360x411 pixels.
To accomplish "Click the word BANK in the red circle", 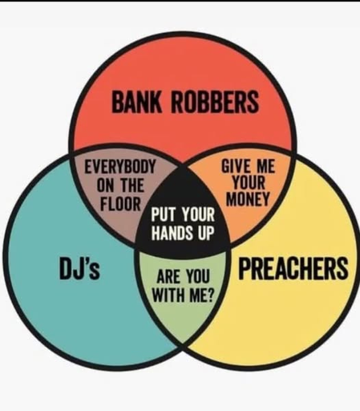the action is coord(136,102).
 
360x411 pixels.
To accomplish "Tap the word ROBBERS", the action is coord(215,102).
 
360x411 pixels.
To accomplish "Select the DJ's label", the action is coord(79,268).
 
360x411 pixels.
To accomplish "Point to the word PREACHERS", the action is coord(293,268).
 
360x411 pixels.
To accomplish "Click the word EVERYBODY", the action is coord(119,167).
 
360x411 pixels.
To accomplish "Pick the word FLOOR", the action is coord(120,204).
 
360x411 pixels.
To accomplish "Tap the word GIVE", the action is coord(235,165).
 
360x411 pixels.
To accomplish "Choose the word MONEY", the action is coord(248,199).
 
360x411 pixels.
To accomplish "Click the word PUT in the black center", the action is coord(164,214).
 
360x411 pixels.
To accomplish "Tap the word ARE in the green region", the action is coord(168,277).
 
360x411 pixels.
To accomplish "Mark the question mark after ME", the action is coord(211,295).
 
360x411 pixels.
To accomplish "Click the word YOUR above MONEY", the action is coord(249,182).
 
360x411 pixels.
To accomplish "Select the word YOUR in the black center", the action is coord(198,214).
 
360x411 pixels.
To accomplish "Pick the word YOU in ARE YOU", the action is coord(198,277).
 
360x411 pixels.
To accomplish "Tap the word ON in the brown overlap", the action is coord(106,185).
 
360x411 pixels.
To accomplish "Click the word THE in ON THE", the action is coord(132,185).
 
